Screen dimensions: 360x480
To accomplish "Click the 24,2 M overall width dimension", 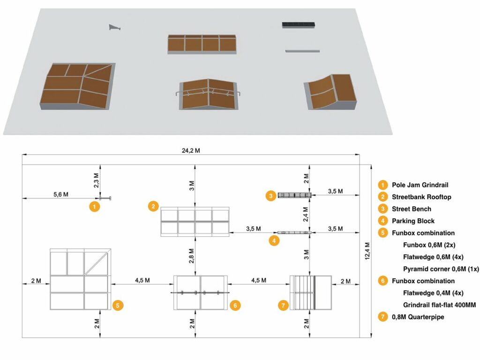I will pos(190,150).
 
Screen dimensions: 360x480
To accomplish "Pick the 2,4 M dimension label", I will pos(306,213).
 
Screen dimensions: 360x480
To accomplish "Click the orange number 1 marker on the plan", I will pos(95,206).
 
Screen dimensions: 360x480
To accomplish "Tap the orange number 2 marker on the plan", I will pos(153,206).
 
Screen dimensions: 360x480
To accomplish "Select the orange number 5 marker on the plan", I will pos(118,306).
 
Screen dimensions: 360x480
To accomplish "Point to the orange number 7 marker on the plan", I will pos(283,306).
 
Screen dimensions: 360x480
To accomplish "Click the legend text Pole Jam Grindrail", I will pos(420,185).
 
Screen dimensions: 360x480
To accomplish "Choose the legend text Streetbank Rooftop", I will pos(421,197).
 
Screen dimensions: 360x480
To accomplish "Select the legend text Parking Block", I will pos(413,221).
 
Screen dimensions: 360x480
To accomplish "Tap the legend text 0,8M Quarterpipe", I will pos(418,317).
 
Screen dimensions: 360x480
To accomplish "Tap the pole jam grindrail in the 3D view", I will pos(114,28).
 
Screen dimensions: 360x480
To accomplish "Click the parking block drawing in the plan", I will pos(294,232).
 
